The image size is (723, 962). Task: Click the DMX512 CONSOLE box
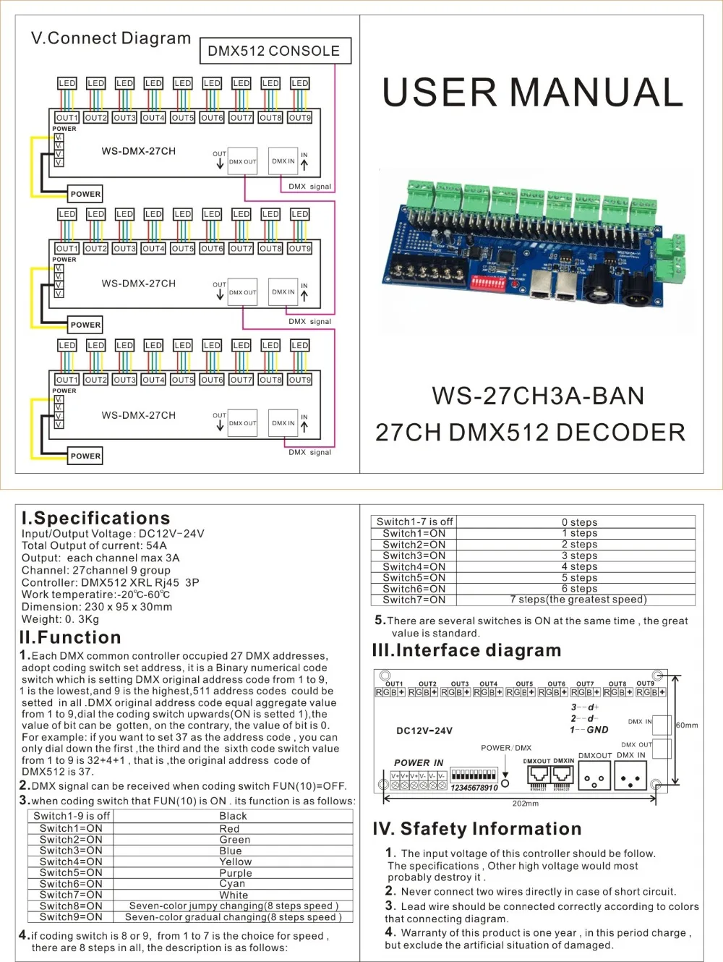tap(274, 51)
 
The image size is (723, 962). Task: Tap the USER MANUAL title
tap(533, 93)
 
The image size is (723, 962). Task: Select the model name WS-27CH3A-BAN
tap(538, 396)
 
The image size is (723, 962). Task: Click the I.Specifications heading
tap(96, 518)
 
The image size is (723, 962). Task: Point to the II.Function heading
tap(71, 637)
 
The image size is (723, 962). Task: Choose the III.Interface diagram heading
tap(467, 650)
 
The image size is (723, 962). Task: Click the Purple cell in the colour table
tap(236, 873)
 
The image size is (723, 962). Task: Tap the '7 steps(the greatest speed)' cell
tap(578, 599)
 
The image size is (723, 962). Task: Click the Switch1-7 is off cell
tap(414, 522)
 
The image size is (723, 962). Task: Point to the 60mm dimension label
tap(687, 725)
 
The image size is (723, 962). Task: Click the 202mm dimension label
tap(526, 804)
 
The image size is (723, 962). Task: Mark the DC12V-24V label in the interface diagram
tap(424, 731)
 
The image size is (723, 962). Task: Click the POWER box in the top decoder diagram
tap(85, 194)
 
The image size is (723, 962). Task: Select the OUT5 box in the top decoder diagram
tap(182, 117)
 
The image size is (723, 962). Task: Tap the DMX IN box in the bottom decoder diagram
tap(283, 423)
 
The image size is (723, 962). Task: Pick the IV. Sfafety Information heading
tap(477, 829)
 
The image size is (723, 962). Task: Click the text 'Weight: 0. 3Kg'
tap(60, 619)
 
